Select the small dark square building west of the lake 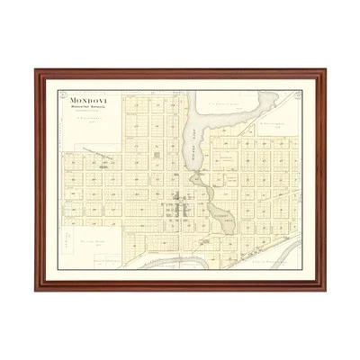click(x=157, y=155)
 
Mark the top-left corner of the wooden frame click(x=36, y=70)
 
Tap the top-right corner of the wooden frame click(x=325, y=70)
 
